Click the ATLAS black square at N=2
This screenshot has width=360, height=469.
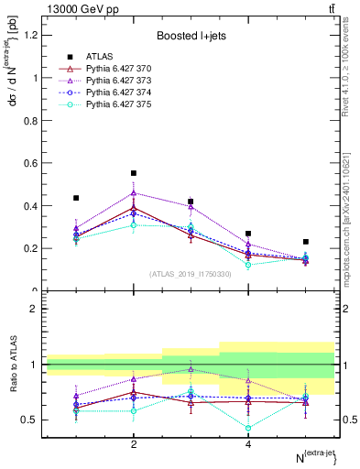point(134,173)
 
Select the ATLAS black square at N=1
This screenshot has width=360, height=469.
point(76,198)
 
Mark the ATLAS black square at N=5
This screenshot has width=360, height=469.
point(305,242)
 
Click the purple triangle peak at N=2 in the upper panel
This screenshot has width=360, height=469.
point(134,192)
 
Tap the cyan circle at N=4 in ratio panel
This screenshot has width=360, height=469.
point(248,428)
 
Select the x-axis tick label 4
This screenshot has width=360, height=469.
point(248,444)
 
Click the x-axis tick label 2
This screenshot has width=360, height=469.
point(134,444)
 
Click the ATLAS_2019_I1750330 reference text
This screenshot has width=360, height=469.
point(191,274)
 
